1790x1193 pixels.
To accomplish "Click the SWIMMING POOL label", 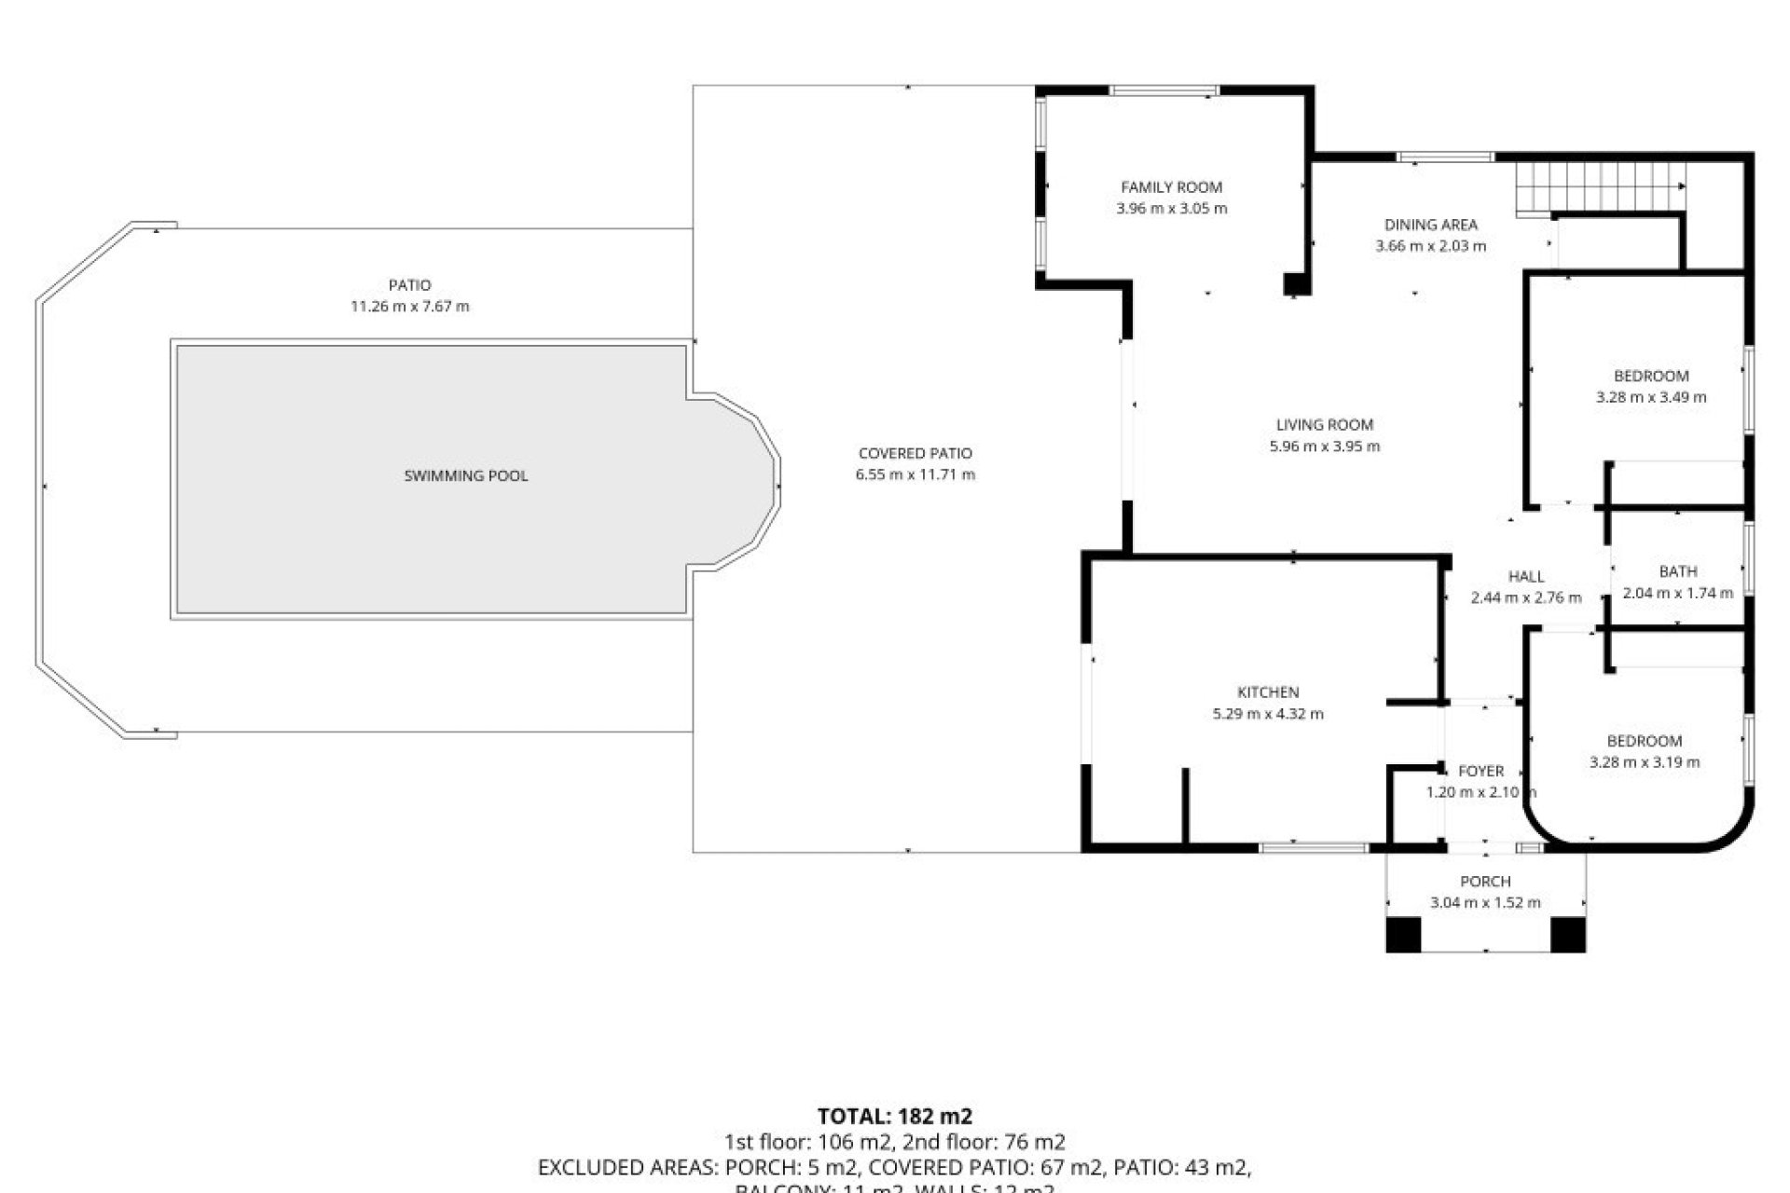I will pyautogui.click(x=465, y=476).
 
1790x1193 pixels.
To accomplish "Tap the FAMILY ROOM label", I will pyautogui.click(x=1171, y=187).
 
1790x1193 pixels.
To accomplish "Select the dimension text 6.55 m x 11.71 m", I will pyautogui.click(x=916, y=475).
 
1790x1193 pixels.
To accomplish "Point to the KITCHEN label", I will pyautogui.click(x=1268, y=692).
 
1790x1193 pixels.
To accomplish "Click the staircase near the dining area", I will pyautogui.click(x=1600, y=187).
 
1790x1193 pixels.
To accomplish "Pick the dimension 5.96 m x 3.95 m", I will pyautogui.click(x=1324, y=446).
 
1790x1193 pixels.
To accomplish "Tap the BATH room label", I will pyautogui.click(x=1678, y=572).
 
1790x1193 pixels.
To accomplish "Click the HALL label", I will pyautogui.click(x=1526, y=577).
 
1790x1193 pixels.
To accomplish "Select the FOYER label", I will pyautogui.click(x=1480, y=772).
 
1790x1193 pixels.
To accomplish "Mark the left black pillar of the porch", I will pyautogui.click(x=1403, y=935).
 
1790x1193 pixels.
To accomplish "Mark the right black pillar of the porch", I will pyautogui.click(x=1568, y=935).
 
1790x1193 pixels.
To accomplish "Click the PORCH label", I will pyautogui.click(x=1485, y=882).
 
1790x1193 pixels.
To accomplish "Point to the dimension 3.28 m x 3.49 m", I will pyautogui.click(x=1651, y=397).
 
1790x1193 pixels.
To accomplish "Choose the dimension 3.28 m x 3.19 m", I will pyautogui.click(x=1645, y=762).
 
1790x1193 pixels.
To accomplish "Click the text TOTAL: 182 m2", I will pyautogui.click(x=895, y=1117).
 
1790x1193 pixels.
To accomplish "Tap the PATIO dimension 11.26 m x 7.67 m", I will pyautogui.click(x=409, y=307).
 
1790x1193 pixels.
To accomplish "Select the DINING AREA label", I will pyautogui.click(x=1430, y=225).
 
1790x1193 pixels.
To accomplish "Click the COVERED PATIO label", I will pyautogui.click(x=916, y=454).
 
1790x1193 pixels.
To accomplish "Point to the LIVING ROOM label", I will pyautogui.click(x=1324, y=425).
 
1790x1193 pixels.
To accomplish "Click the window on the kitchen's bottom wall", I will pyautogui.click(x=1314, y=847).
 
